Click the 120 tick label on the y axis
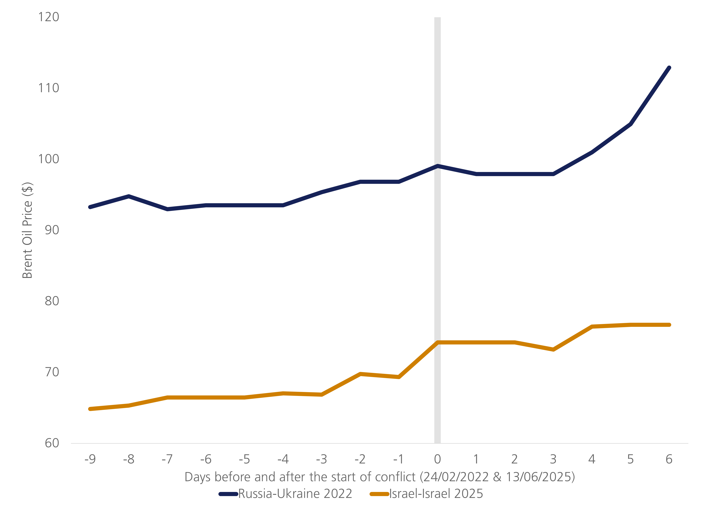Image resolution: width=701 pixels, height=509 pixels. (48, 17)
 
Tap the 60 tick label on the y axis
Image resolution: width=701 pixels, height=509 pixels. (52, 443)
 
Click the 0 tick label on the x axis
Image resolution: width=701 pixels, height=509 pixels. (437, 459)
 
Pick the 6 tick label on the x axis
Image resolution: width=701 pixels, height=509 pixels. (669, 459)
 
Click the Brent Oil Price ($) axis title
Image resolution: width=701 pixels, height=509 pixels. (27, 230)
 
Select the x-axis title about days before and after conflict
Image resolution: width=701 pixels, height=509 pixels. (380, 477)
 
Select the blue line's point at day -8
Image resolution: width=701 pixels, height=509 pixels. (128, 196)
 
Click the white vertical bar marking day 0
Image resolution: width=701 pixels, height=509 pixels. (437, 247)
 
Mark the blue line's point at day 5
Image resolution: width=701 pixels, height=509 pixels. (630, 124)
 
